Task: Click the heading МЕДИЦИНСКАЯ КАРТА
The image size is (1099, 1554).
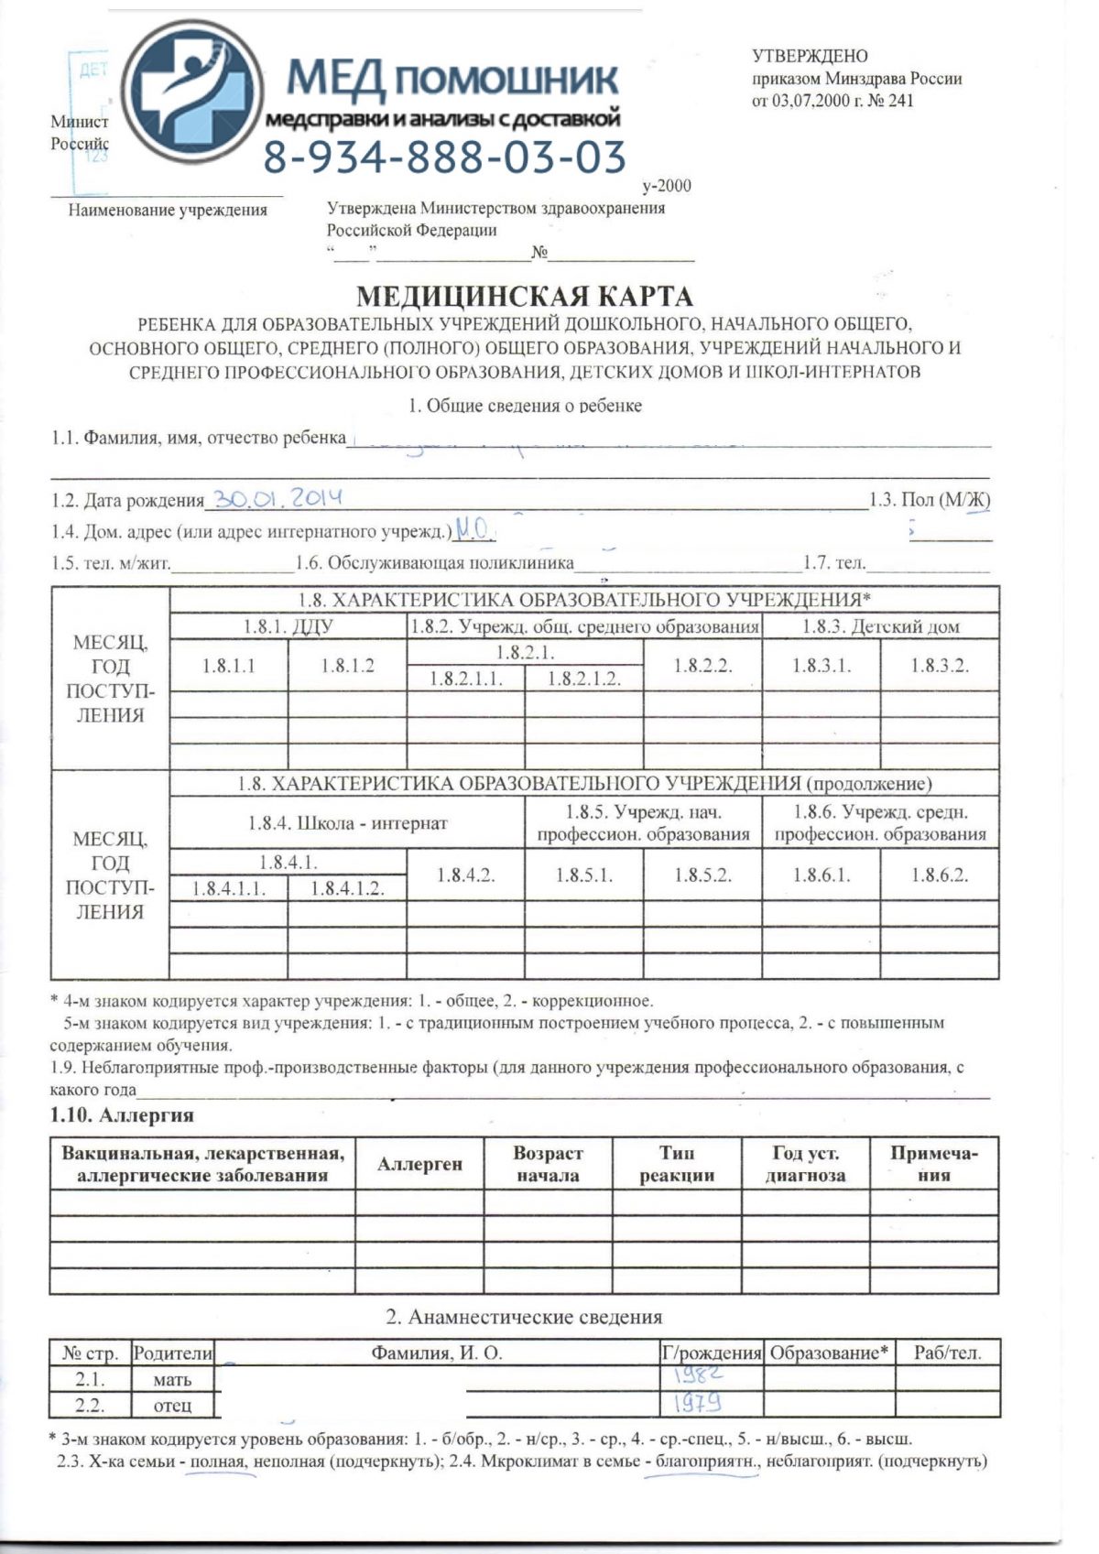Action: coord(524,298)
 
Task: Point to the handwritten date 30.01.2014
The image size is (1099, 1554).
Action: coord(275,498)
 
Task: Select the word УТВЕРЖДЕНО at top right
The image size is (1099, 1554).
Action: coord(810,57)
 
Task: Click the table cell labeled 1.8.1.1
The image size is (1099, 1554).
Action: coord(229,666)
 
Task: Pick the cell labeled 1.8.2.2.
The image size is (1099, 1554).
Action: coord(702,666)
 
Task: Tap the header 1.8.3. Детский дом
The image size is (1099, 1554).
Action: coord(880,627)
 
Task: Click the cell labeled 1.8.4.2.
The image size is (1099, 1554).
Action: coord(465,875)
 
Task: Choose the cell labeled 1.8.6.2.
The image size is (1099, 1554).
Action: coord(939,875)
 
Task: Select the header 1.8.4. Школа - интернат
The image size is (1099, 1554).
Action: coord(348,823)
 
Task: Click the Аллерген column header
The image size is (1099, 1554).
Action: coord(419,1164)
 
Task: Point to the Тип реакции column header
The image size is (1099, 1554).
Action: coord(677,1164)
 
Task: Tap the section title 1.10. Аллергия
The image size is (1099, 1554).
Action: coord(122,1115)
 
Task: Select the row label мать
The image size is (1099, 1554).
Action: coord(173,1379)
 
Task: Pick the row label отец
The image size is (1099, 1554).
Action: coord(173,1405)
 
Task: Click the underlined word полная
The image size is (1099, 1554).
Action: coord(219,1462)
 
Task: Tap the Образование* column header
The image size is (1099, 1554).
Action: coord(829,1353)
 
